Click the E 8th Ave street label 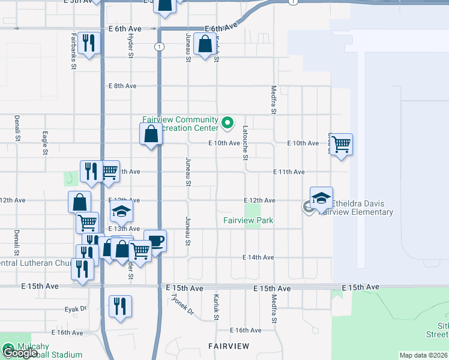(123, 86)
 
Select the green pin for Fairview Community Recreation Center (228, 124)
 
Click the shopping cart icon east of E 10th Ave (341, 144)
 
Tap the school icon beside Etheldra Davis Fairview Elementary (321, 198)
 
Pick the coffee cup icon (155, 241)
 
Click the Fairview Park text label (248, 220)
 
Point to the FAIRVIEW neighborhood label (229, 346)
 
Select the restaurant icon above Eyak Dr (120, 306)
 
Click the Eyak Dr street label (76, 308)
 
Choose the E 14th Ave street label (258, 257)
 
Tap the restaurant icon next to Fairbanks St (89, 43)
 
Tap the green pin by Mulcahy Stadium (8, 347)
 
